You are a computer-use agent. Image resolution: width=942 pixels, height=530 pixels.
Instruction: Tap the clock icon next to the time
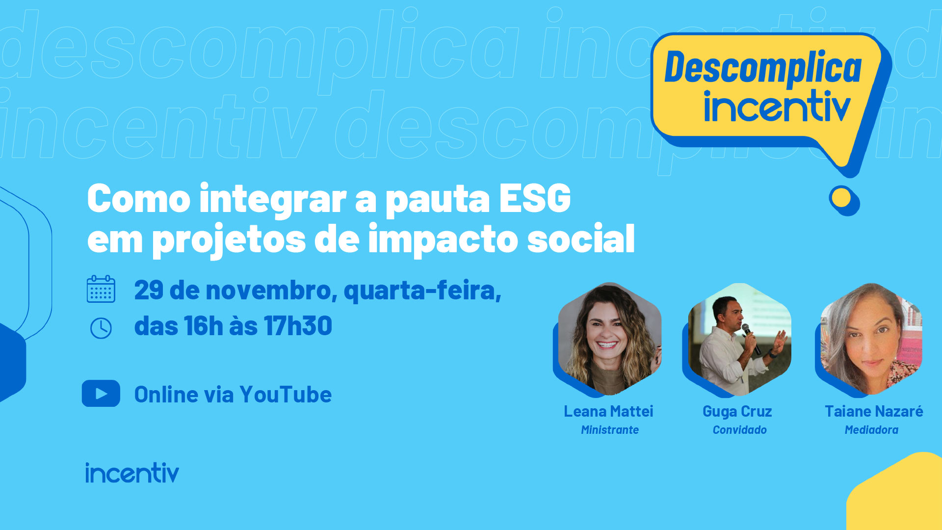click(101, 328)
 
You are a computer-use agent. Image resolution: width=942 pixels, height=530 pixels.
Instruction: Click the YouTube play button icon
click(101, 394)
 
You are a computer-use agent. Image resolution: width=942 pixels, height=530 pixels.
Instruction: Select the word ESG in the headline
click(535, 199)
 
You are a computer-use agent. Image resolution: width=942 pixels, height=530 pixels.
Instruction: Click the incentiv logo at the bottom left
click(132, 473)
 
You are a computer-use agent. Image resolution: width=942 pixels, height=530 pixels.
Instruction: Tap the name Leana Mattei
click(608, 411)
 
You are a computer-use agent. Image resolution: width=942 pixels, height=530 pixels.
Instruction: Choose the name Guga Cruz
click(737, 412)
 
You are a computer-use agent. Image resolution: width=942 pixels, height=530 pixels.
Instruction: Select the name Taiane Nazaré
click(874, 411)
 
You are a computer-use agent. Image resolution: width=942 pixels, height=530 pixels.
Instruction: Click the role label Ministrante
click(610, 430)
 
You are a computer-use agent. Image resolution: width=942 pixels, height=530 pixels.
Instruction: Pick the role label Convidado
click(740, 430)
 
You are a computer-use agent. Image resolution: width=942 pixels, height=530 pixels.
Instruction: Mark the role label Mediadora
click(871, 430)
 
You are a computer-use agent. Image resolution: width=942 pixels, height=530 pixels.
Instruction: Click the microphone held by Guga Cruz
click(751, 338)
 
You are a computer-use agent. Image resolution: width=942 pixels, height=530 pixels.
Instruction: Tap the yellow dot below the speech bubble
click(842, 198)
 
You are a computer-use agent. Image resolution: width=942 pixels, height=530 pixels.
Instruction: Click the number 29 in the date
click(149, 291)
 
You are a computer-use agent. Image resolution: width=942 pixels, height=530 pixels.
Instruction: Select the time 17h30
click(298, 326)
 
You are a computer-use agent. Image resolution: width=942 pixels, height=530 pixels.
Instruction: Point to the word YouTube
click(286, 395)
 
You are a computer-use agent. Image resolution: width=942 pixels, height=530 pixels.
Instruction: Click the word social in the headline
click(581, 239)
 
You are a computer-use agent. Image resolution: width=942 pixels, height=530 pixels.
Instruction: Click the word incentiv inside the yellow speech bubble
click(777, 106)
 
